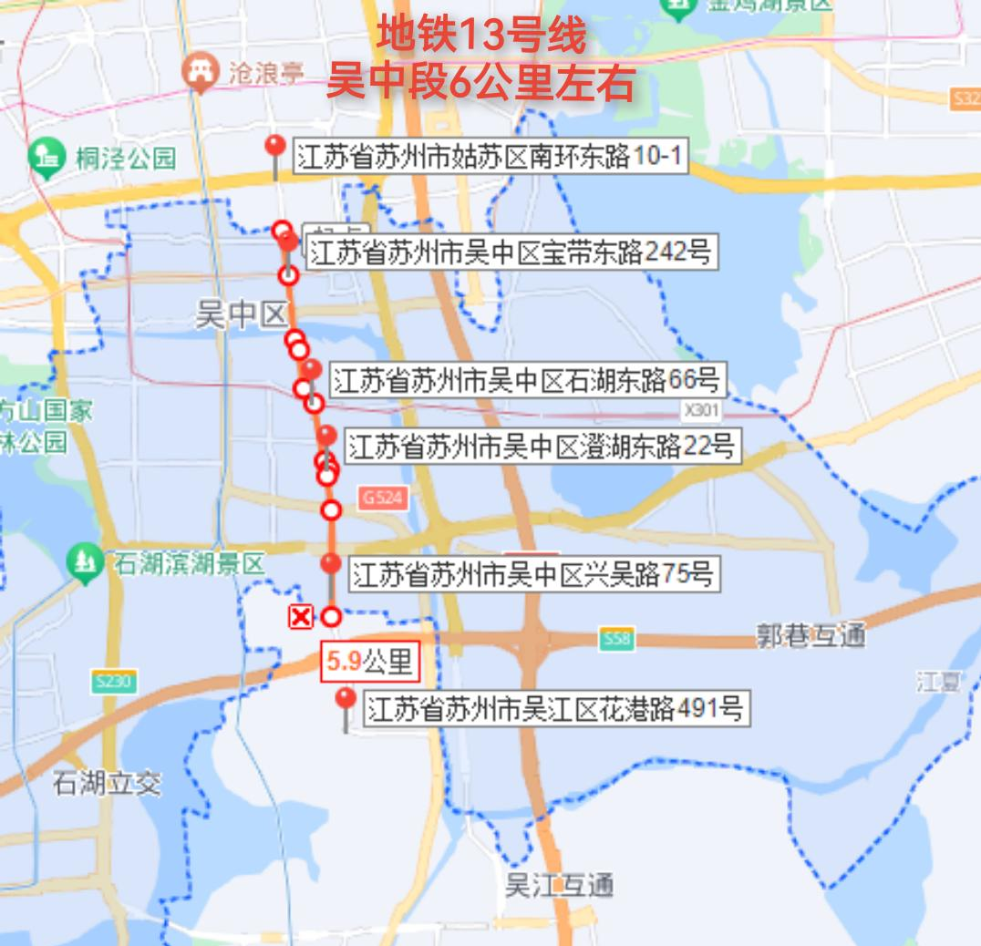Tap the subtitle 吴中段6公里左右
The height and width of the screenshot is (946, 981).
click(480, 84)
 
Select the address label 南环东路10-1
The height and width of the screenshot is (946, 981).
click(489, 157)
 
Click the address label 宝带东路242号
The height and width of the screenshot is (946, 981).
click(510, 252)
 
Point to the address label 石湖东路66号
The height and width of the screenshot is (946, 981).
click(526, 379)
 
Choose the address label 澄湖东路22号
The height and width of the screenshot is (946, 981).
click(540, 446)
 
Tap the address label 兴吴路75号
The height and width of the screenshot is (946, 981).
click(532, 574)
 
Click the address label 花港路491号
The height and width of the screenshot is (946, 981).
click(555, 708)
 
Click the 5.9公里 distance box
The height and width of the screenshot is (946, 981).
click(369, 662)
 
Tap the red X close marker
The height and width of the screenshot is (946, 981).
click(300, 617)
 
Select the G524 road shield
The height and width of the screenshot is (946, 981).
click(383, 498)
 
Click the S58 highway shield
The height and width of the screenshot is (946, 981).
click(617, 640)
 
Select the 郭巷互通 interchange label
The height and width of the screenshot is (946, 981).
click(810, 635)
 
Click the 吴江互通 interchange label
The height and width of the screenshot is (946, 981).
click(559, 885)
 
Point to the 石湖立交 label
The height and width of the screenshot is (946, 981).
click(107, 783)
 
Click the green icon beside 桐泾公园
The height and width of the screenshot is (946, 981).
click(43, 157)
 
